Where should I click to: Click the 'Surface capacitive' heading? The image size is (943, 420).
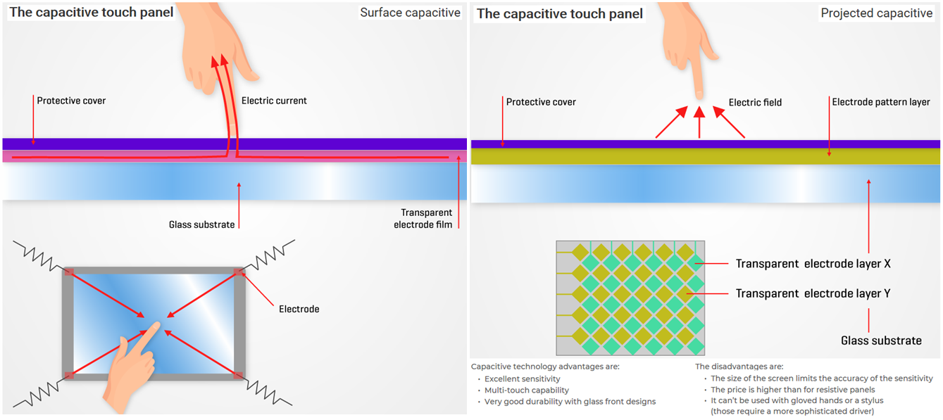pyautogui.click(x=410, y=13)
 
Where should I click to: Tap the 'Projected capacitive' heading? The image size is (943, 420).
pyautogui.click(x=876, y=13)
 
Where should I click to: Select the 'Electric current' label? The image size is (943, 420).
pyautogui.click(x=274, y=101)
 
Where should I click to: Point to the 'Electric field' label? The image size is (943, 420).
pyautogui.click(x=755, y=103)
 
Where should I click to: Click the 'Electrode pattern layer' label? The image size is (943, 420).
pyautogui.click(x=881, y=102)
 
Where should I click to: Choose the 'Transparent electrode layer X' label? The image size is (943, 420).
pyautogui.click(x=813, y=264)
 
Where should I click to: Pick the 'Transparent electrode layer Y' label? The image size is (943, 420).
pyautogui.click(x=813, y=293)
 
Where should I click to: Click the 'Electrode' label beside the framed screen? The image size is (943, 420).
pyautogui.click(x=299, y=309)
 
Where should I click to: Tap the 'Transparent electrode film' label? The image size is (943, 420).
pyautogui.click(x=426, y=218)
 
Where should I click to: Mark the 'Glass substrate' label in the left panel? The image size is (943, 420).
pyautogui.click(x=201, y=225)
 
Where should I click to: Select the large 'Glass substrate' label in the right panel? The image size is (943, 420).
pyautogui.click(x=881, y=341)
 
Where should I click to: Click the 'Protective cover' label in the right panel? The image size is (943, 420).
pyautogui.click(x=541, y=102)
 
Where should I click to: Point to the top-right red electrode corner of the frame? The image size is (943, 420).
pyautogui.click(x=239, y=272)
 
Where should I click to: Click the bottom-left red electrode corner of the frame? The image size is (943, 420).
pyautogui.click(x=68, y=375)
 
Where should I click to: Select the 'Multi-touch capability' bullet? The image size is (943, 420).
pyautogui.click(x=527, y=390)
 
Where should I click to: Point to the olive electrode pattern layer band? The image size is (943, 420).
pyautogui.click(x=704, y=156)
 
